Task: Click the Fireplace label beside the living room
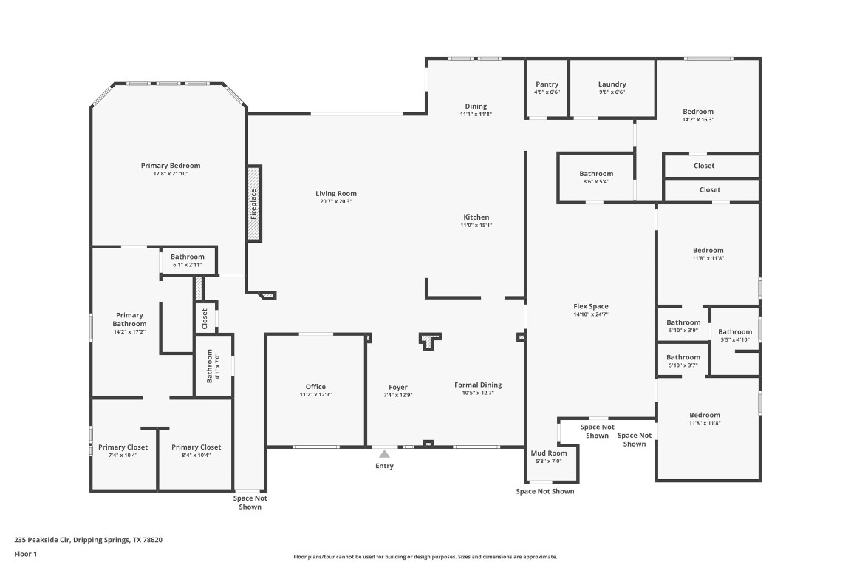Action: tap(253, 204)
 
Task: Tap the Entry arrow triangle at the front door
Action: tap(384, 454)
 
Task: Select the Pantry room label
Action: tap(547, 84)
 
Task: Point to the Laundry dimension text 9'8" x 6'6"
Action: tap(612, 92)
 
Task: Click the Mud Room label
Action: tap(549, 453)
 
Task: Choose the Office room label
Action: tap(315, 387)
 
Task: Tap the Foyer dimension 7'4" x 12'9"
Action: tap(398, 395)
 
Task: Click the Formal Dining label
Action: tap(478, 385)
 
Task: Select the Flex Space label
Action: tap(591, 306)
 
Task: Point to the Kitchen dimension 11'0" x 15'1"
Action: tap(476, 225)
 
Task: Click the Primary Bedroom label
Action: tap(171, 166)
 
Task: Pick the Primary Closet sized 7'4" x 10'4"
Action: tap(123, 447)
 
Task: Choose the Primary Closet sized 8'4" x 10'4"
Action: tap(196, 447)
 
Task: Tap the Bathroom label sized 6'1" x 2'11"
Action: tap(187, 257)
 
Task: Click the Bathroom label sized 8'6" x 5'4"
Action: tap(596, 174)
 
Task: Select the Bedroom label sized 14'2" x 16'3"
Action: tap(698, 112)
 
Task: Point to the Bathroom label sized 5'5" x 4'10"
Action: tap(735, 332)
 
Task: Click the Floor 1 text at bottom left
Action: tap(26, 555)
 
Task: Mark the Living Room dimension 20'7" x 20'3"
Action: tap(336, 202)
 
